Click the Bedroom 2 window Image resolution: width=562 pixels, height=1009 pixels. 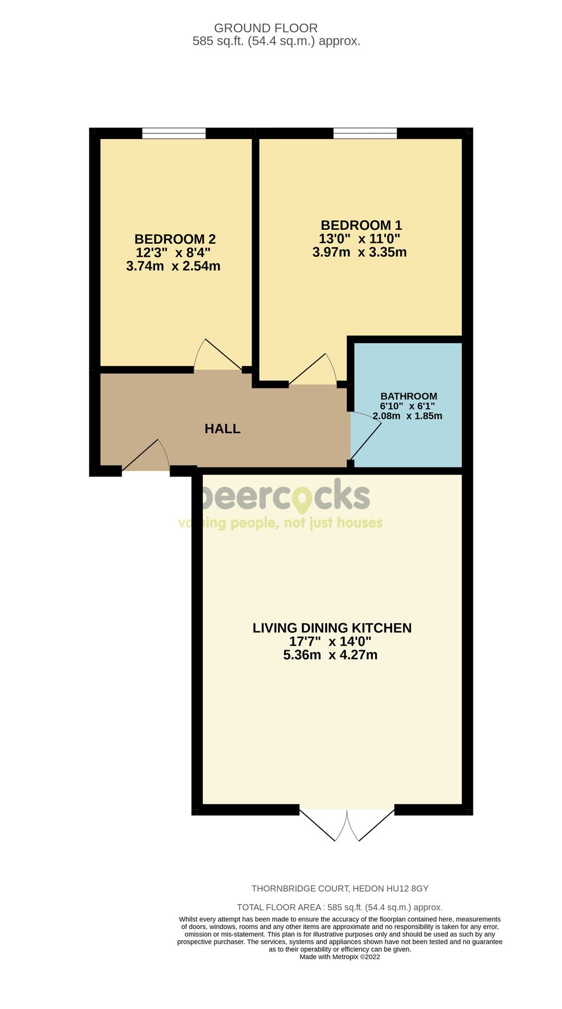coord(174,133)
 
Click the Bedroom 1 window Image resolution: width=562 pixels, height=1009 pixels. coord(365,133)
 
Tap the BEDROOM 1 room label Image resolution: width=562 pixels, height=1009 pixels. coord(361,225)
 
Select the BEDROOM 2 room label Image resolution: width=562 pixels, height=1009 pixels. coord(175,239)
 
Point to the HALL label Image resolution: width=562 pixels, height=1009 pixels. coord(222,429)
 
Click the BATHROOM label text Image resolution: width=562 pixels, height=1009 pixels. coord(408,396)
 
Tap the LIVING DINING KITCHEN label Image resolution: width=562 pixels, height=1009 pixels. coord(332,628)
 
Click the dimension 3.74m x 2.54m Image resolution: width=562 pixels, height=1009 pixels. coord(173,266)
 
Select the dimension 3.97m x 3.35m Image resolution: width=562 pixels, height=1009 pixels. coord(359,252)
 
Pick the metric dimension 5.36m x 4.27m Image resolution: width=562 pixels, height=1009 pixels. coord(330,655)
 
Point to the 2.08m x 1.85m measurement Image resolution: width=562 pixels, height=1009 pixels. coord(407,416)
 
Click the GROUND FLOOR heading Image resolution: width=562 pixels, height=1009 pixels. coord(266,28)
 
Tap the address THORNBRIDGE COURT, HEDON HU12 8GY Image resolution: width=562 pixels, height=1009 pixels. coord(340,888)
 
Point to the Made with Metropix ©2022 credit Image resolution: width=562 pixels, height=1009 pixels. coord(340,957)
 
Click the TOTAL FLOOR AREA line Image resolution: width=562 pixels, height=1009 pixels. coord(340,907)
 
